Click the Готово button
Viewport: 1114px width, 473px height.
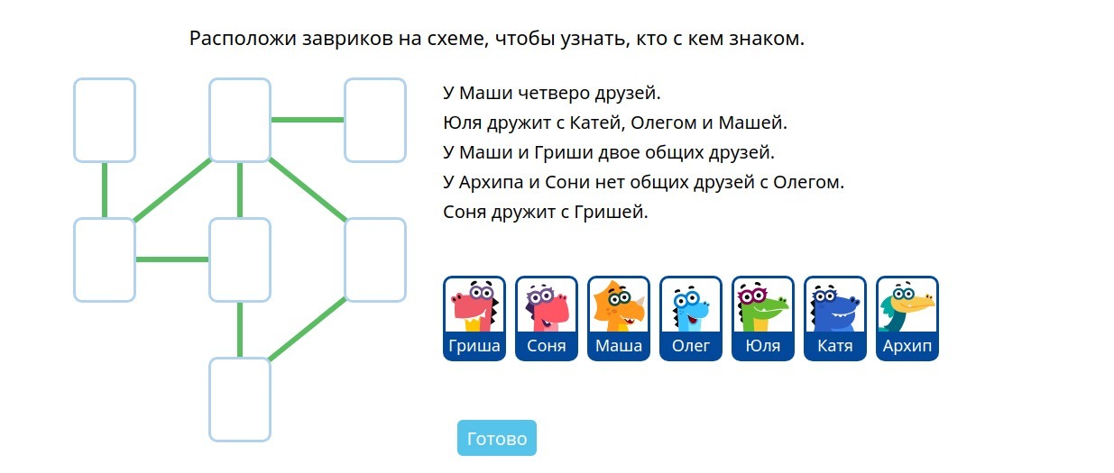tap(497, 438)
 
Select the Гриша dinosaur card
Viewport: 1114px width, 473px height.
tap(474, 318)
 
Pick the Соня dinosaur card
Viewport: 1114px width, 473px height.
tap(547, 318)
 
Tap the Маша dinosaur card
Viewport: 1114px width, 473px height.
tap(619, 318)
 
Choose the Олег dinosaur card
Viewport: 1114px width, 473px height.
tap(691, 318)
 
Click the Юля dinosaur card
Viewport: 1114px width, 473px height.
tap(763, 318)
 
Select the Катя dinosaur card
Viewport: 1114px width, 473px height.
tap(835, 318)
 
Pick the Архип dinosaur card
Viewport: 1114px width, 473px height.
tap(907, 318)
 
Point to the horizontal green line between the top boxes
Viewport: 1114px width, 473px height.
tap(308, 120)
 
